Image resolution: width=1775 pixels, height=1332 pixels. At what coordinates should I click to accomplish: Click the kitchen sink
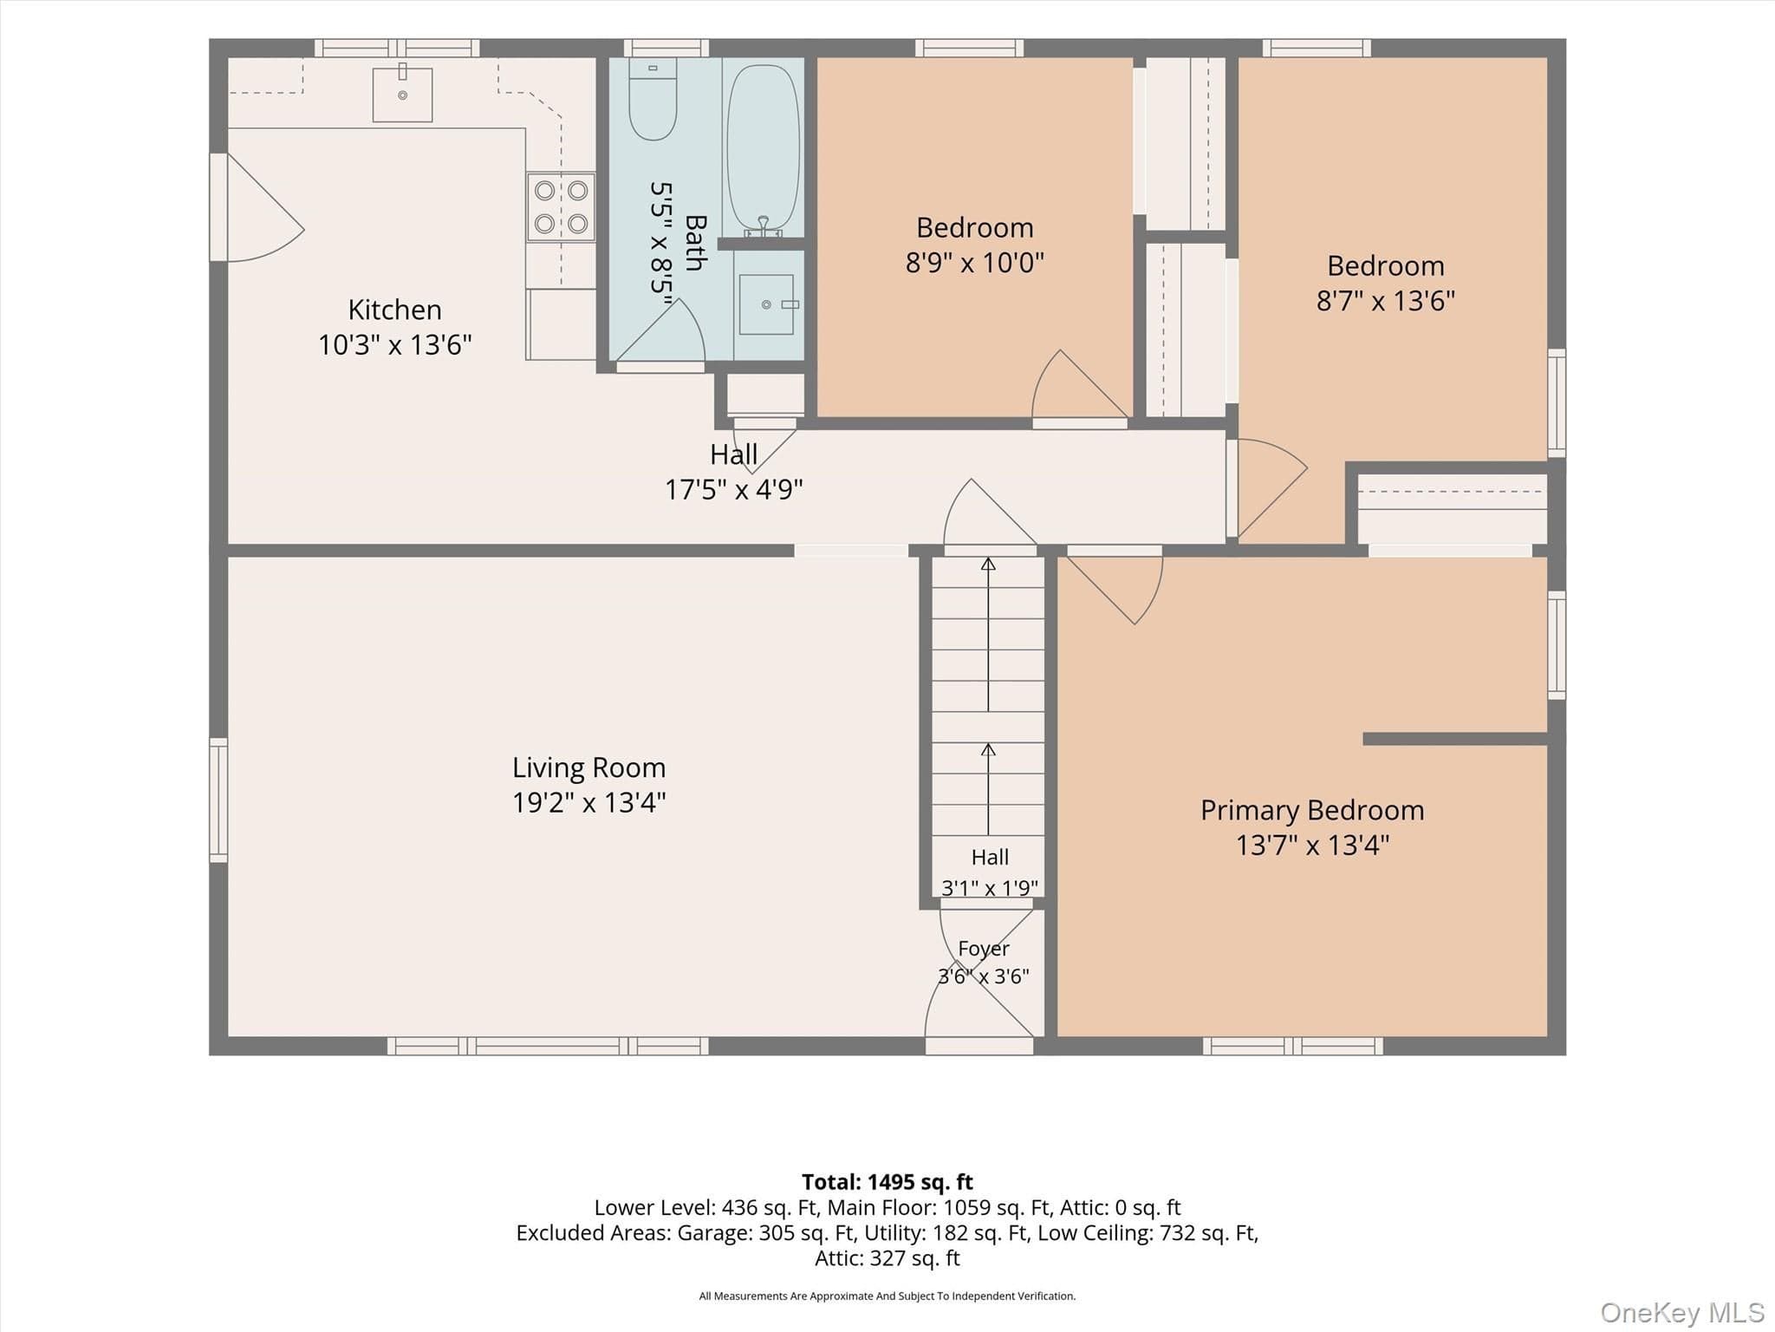click(x=402, y=93)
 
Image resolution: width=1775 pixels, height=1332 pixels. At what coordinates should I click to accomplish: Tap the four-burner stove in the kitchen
click(x=561, y=206)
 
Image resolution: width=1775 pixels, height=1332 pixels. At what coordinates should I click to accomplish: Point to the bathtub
click(x=763, y=148)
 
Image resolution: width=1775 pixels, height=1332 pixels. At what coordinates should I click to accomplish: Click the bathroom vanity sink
click(x=766, y=304)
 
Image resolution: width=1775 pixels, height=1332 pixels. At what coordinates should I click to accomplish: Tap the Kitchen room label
click(x=395, y=310)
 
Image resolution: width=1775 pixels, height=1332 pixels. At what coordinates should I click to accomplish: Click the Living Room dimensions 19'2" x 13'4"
click(x=589, y=802)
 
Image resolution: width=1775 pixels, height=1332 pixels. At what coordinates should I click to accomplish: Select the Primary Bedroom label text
click(x=1312, y=810)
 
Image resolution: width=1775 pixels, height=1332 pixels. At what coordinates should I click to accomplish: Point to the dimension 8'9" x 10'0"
click(x=975, y=262)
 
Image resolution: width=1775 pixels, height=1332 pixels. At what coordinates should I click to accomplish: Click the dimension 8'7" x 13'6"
click(x=1386, y=300)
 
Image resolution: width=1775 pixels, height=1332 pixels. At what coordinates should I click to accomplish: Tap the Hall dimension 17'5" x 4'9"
click(x=734, y=490)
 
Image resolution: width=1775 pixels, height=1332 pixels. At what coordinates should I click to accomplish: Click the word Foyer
click(x=984, y=949)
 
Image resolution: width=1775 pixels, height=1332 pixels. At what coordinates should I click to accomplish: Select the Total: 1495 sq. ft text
click(x=887, y=1182)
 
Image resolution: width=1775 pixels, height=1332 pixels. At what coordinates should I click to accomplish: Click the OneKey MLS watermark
click(x=1682, y=1313)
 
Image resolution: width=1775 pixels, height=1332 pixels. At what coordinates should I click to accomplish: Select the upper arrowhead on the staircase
click(x=988, y=564)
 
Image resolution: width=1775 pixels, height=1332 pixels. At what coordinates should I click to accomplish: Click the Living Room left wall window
click(x=218, y=800)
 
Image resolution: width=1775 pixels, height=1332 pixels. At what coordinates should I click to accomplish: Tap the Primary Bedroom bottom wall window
click(x=1293, y=1046)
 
